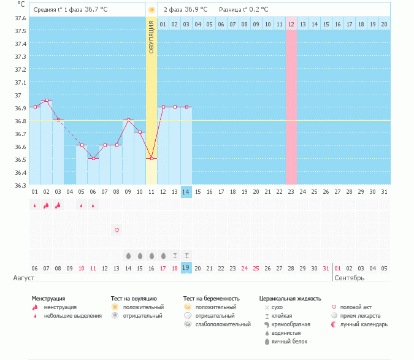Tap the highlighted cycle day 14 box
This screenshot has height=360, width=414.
tap(186, 192)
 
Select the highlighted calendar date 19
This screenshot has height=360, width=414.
tap(186, 268)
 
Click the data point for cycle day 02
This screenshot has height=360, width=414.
tap(47, 101)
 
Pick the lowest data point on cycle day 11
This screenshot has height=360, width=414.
tap(151, 159)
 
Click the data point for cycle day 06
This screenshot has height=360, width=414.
tap(93, 159)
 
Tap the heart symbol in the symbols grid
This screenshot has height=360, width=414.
tap(117, 230)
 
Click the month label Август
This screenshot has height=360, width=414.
tap(24, 278)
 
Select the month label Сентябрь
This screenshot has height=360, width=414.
tap(350, 278)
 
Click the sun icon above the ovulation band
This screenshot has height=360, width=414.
tap(151, 10)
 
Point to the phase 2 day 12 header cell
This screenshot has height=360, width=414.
tap(291, 24)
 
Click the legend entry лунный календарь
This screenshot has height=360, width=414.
tap(364, 324)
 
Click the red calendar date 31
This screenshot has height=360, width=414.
tap(326, 268)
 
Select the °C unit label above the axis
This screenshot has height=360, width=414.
tap(21, 4)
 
